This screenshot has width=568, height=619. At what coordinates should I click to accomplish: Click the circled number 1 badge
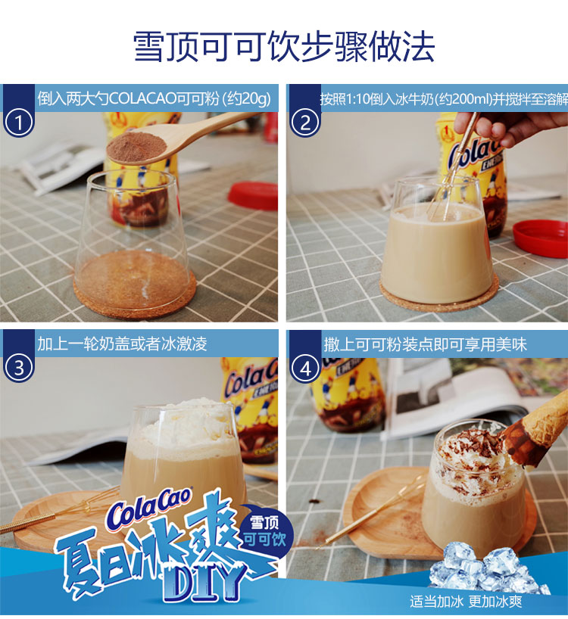click(x=19, y=123)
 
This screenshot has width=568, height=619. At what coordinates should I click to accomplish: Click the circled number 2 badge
click(x=305, y=123)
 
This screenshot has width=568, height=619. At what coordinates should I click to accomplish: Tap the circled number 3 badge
click(x=19, y=368)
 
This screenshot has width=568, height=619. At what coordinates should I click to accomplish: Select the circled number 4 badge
click(x=305, y=369)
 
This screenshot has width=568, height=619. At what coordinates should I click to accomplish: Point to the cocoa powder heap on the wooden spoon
click(x=136, y=146)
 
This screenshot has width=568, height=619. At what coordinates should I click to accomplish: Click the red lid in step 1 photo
click(x=253, y=196)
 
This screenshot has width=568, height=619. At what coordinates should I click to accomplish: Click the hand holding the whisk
click(x=510, y=126)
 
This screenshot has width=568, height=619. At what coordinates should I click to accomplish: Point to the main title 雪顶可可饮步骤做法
click(x=283, y=48)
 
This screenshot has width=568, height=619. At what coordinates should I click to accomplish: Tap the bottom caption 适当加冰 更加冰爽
click(x=466, y=602)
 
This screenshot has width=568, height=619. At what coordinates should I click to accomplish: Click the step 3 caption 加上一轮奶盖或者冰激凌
click(x=123, y=344)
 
